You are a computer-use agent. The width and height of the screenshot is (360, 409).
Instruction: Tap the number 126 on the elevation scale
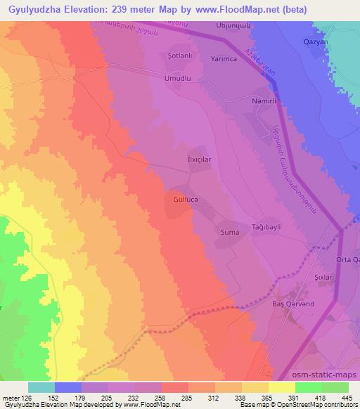tap(25, 398)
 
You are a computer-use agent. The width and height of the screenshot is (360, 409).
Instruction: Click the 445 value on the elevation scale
tap(347, 398)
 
